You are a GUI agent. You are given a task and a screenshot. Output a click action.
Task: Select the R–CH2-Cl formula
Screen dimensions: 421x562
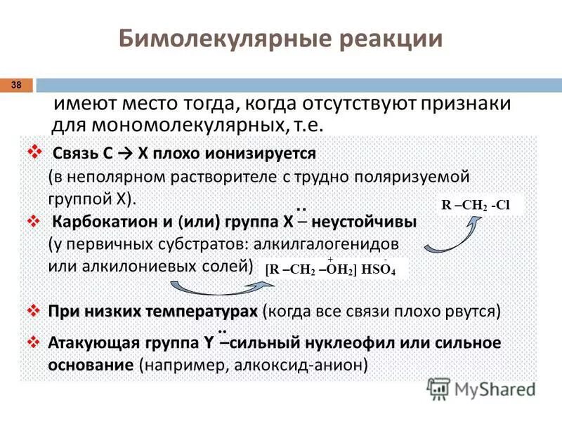[474, 206]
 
